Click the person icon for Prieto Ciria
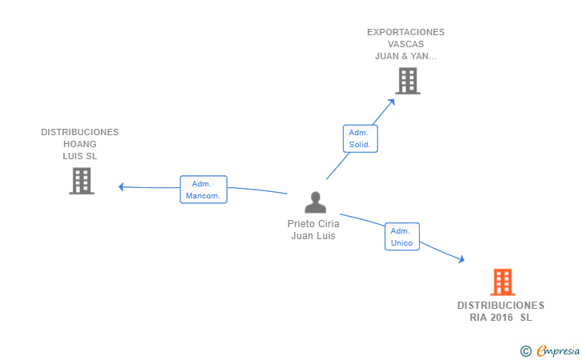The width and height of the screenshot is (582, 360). click(x=316, y=202)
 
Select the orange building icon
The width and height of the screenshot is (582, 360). click(x=502, y=282)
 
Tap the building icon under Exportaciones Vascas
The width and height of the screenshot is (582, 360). click(x=408, y=81)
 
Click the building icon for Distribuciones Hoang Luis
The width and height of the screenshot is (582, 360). click(x=81, y=181)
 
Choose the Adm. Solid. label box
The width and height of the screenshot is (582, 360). click(x=360, y=138)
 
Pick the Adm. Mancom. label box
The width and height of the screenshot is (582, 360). click(x=203, y=190)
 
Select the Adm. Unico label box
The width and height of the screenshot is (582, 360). click(x=401, y=237)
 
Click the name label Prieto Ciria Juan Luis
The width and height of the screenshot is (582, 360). click(x=313, y=230)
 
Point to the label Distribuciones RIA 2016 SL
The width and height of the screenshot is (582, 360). click(x=500, y=311)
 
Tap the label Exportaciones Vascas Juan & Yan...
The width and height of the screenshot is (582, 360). click(x=406, y=45)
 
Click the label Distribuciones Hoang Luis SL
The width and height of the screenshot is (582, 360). click(x=80, y=144)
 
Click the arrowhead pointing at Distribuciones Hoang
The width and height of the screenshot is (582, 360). click(x=122, y=187)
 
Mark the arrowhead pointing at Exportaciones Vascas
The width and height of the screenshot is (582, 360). click(x=392, y=101)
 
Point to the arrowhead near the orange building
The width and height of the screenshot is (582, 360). click(x=460, y=258)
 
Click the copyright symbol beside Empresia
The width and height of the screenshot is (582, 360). click(x=525, y=350)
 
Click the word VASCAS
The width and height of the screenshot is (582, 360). click(x=406, y=45)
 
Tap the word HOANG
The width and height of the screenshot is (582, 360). click(x=80, y=144)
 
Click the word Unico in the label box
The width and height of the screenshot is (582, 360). click(x=401, y=242)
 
